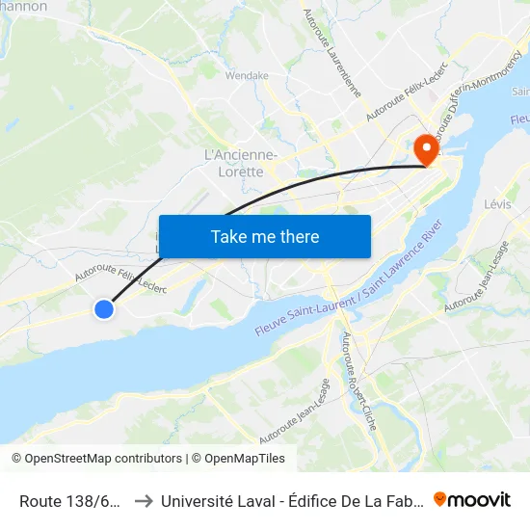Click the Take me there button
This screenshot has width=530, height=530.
264,236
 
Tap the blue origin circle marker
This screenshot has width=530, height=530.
104,309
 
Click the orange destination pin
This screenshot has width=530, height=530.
424,150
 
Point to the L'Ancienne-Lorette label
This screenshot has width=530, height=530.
241,163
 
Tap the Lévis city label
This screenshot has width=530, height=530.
498,204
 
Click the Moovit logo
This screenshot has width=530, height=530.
472,499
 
